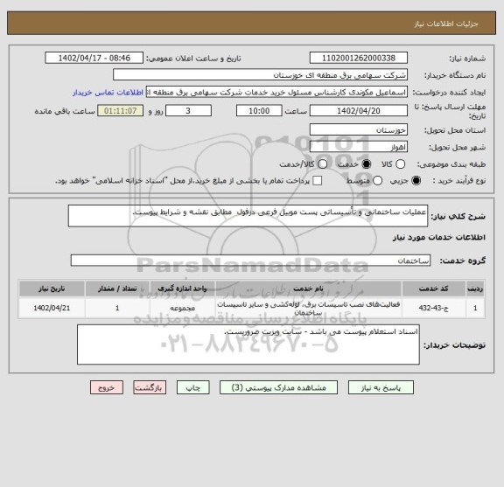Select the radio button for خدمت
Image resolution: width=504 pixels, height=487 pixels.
(344, 163)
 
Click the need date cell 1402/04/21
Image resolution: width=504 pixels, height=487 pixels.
(45, 308)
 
